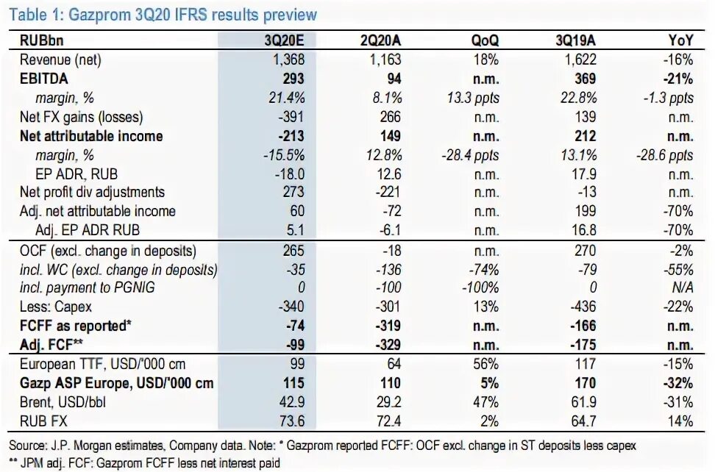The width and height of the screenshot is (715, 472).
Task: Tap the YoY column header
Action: point(680,41)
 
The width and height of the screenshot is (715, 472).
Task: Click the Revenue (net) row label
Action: point(60,60)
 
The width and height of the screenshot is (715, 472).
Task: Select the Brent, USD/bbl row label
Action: point(63,403)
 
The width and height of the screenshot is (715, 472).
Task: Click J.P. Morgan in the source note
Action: point(77,446)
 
